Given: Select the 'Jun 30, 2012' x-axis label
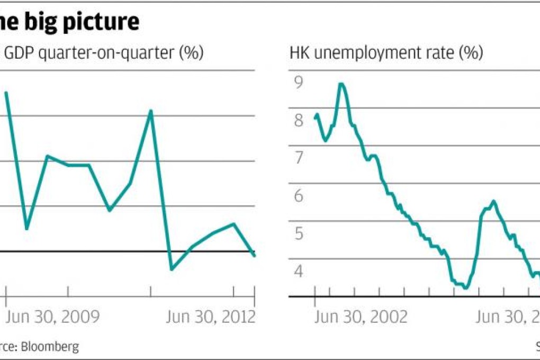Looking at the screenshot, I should [211, 317].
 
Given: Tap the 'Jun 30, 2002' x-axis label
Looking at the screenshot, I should [361, 317].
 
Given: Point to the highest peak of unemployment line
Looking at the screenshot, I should [341, 84].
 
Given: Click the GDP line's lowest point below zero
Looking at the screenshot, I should [172, 269].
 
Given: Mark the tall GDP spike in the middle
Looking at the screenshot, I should [151, 111].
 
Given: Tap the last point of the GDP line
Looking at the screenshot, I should [255, 256].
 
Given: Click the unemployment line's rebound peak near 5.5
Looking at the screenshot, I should [493, 201].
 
